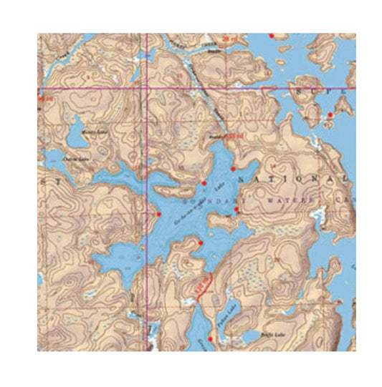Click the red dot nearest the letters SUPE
(330, 114)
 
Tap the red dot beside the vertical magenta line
(158, 213)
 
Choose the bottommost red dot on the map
(210, 338)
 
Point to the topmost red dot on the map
(271, 35)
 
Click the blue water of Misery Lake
(74, 138)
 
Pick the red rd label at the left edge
(46, 99)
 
